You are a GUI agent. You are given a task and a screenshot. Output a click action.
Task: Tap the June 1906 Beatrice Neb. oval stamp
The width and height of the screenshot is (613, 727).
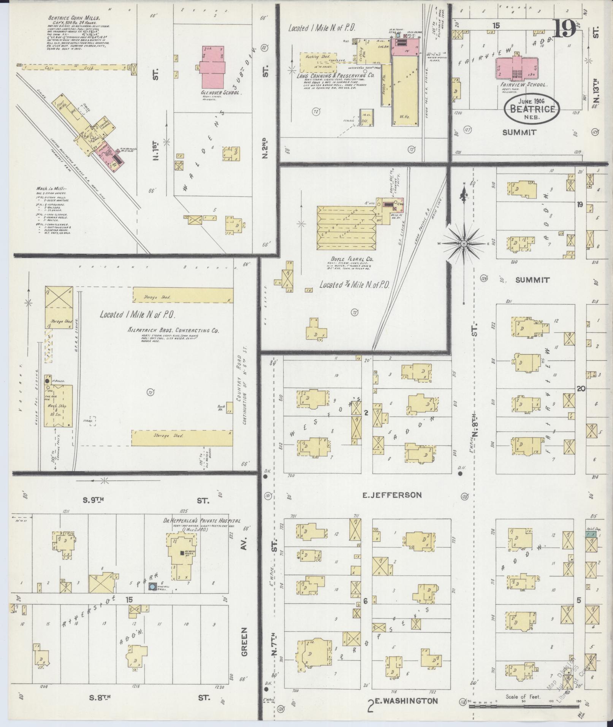click(532, 109)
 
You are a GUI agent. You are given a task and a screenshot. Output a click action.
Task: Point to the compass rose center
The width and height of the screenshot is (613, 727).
click(464, 243)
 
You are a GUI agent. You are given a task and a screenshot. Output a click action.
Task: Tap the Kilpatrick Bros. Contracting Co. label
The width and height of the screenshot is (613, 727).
click(173, 331)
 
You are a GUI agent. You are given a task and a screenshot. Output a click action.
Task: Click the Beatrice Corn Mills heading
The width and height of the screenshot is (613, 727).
click(73, 18)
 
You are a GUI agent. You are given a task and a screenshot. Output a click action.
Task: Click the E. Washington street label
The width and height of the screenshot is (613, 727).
click(407, 700)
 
